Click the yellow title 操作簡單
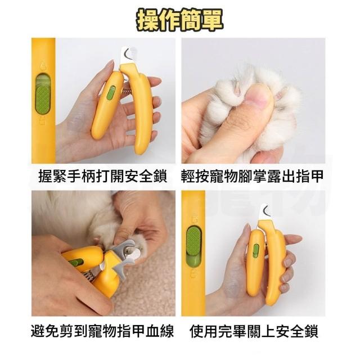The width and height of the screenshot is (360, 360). [x=179, y=20]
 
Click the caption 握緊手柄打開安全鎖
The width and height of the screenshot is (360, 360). [x=103, y=176]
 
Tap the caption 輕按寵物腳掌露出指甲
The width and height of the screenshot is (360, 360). [x=252, y=176]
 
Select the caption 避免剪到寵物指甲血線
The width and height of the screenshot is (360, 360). [x=102, y=331]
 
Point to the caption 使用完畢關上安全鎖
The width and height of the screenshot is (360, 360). [x=254, y=331]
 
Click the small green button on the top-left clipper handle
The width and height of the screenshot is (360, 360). [x=111, y=93]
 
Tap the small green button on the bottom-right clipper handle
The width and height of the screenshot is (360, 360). [x=256, y=251]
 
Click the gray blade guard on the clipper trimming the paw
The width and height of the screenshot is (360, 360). [x=124, y=257]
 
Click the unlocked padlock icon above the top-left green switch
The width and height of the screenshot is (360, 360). [x=42, y=65]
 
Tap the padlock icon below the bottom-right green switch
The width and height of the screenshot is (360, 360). [x=193, y=273]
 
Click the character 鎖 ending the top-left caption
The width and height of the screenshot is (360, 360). [x=160, y=176]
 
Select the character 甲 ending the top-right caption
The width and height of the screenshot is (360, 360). [x=317, y=176]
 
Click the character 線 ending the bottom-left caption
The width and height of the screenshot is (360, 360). [x=167, y=331]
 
